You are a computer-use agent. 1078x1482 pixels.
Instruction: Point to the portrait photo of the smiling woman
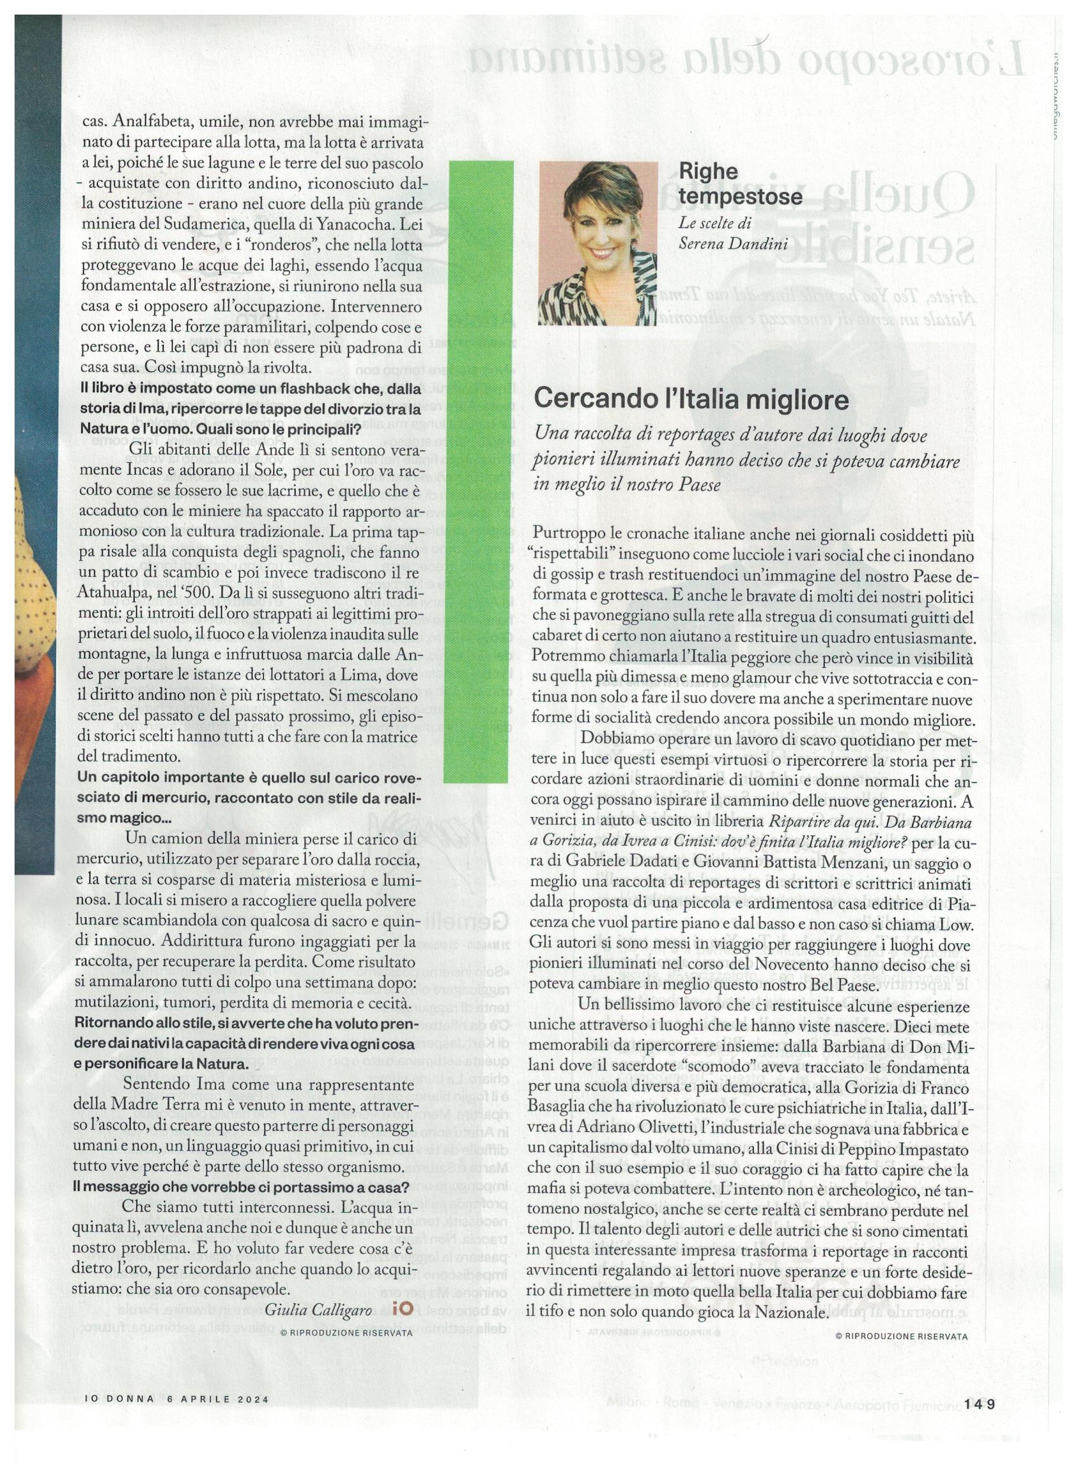click(x=599, y=243)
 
